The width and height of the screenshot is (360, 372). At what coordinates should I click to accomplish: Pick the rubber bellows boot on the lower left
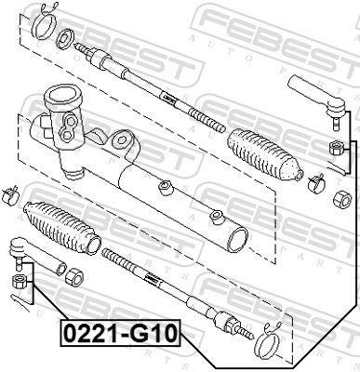[x=62, y=228]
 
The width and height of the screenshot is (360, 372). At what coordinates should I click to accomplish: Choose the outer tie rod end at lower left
[x=35, y=253]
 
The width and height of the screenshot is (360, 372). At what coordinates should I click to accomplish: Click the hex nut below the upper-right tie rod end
[x=336, y=147]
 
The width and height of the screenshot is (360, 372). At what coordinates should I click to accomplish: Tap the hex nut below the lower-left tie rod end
[x=19, y=281]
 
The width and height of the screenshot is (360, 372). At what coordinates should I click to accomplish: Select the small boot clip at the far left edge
[x=9, y=195]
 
